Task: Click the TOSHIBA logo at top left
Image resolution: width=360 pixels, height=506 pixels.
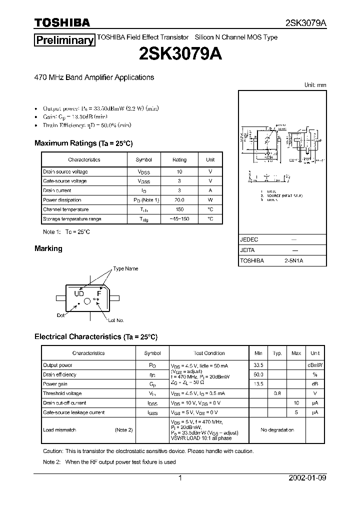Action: [x=62, y=22]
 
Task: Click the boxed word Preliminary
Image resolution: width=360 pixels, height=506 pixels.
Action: [x=64, y=40]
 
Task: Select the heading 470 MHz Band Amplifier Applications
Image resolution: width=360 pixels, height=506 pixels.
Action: [x=94, y=77]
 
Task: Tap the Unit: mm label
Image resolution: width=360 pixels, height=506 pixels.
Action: [x=315, y=85]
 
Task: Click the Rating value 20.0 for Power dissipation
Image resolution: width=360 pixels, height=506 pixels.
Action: [x=179, y=200]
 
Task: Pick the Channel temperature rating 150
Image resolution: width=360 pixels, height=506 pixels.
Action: [x=179, y=209]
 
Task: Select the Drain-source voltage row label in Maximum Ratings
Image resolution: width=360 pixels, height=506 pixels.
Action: [x=65, y=171]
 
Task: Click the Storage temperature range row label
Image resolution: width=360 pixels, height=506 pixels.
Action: [x=72, y=219]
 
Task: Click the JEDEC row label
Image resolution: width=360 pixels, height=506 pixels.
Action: [x=249, y=239]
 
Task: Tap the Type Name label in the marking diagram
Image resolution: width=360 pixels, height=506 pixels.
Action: [x=125, y=268]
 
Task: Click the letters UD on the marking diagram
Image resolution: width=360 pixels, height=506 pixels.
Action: [x=79, y=293]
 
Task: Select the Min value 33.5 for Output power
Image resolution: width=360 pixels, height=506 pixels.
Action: [x=258, y=365]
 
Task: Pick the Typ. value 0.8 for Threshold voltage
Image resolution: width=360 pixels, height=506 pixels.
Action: [x=277, y=393]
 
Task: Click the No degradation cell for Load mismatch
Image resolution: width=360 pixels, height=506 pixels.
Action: [x=277, y=429]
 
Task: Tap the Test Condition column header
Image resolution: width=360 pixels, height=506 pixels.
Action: [x=209, y=353]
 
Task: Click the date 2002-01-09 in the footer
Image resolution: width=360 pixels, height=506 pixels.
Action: [x=307, y=478]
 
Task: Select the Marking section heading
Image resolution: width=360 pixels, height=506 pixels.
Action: [x=48, y=248]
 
